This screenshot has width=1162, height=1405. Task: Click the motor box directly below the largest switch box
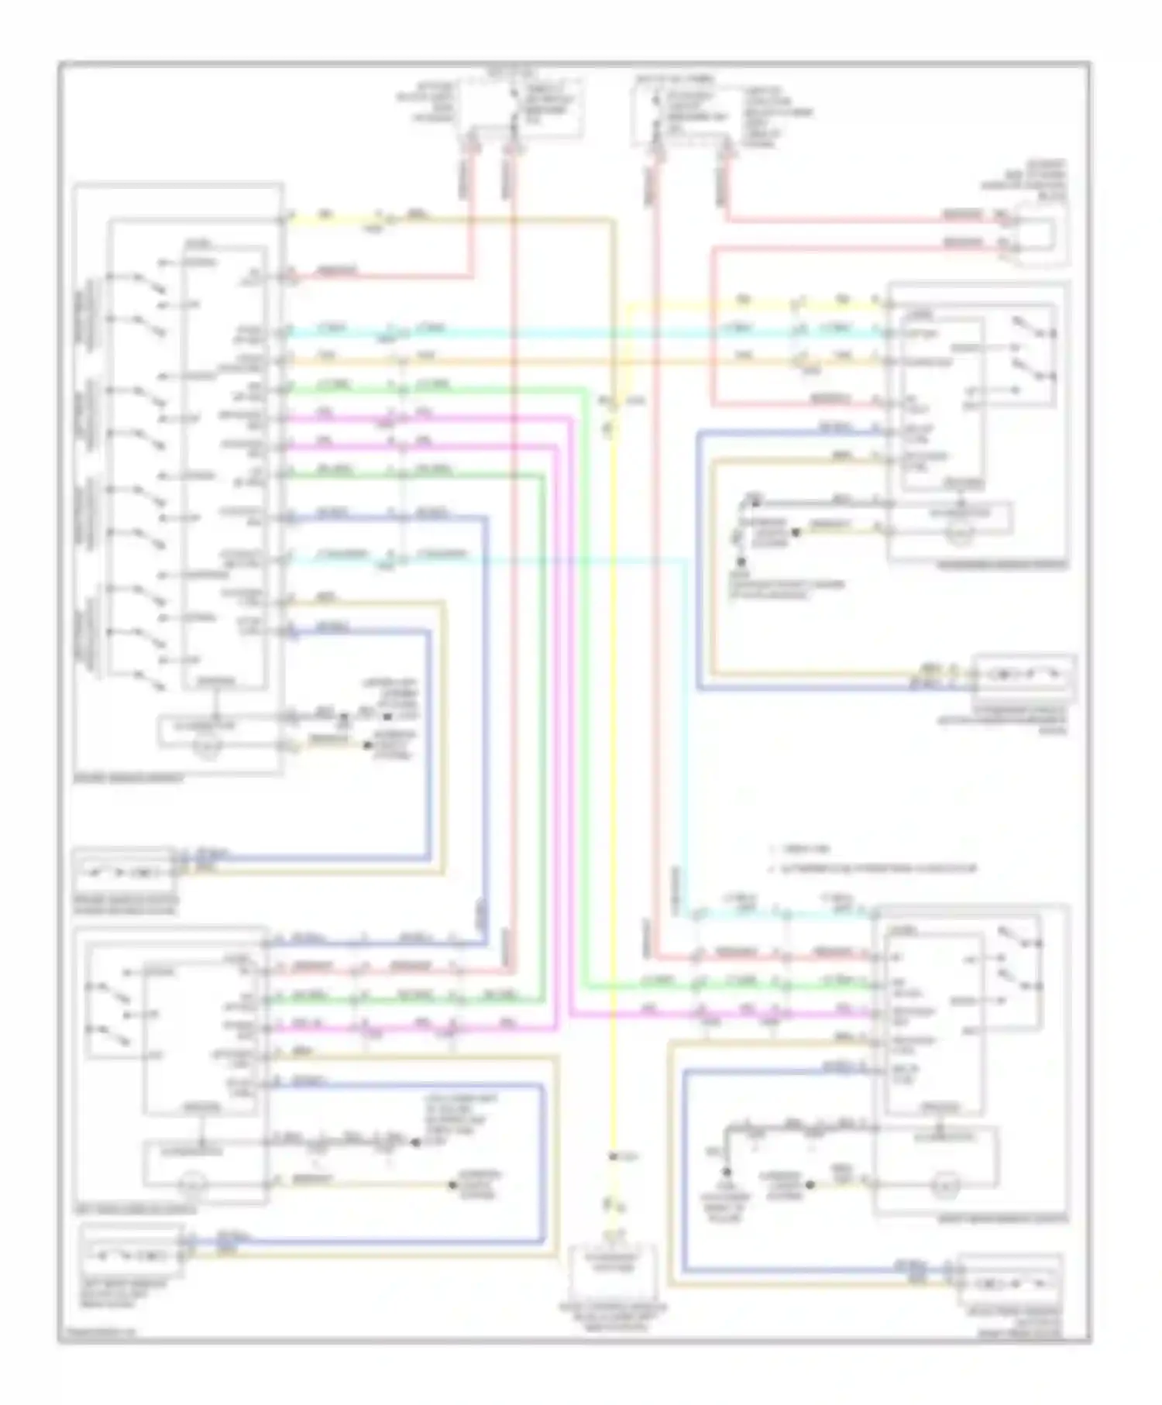[x=122, y=873]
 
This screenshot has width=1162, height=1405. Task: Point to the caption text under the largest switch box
[x=129, y=778]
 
